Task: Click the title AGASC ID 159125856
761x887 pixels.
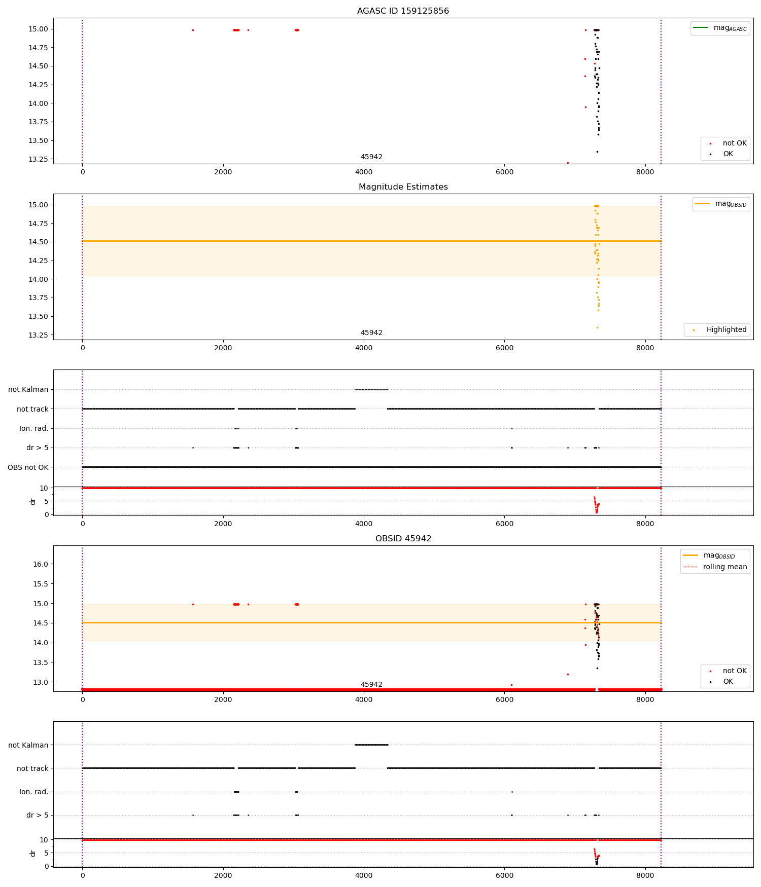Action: click(x=403, y=11)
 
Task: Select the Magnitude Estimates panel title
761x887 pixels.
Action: click(x=403, y=187)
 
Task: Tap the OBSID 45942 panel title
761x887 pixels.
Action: click(x=403, y=539)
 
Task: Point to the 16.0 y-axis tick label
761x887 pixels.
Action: click(x=40, y=564)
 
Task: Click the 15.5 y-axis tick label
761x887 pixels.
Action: click(x=40, y=584)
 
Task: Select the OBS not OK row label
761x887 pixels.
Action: click(x=28, y=467)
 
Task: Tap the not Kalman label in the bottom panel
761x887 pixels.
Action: click(x=28, y=745)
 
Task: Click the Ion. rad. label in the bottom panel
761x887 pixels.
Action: click(x=33, y=792)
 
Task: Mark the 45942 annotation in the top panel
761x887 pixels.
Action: click(x=371, y=157)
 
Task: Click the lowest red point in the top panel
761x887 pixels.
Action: click(x=568, y=163)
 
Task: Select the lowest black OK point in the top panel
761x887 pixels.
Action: click(x=597, y=152)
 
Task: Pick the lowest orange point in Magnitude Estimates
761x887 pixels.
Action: click(x=597, y=327)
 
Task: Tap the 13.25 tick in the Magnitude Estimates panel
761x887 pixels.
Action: click(x=38, y=335)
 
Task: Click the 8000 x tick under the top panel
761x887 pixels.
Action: click(x=645, y=172)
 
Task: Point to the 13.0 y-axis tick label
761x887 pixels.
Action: click(x=40, y=682)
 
